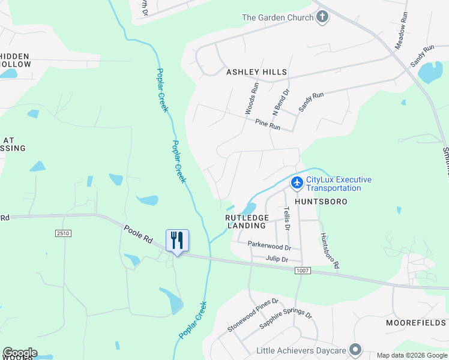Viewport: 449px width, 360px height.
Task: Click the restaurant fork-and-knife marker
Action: [177, 241]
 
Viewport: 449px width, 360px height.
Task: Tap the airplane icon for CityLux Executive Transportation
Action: [297, 182]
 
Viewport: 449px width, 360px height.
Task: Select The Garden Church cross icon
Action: [322, 17]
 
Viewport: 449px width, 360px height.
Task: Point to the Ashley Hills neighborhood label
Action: [256, 72]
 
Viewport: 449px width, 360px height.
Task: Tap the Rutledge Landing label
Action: [246, 221]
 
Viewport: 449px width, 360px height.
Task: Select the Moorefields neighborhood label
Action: [415, 323]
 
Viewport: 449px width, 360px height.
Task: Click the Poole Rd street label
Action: [139, 233]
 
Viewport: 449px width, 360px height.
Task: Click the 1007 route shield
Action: [303, 271]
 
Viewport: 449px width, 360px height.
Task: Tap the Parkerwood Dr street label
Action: [270, 246]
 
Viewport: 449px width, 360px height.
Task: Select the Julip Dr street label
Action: [277, 259]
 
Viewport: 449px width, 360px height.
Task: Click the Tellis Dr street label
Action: [286, 218]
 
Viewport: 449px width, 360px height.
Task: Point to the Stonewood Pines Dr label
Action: [253, 316]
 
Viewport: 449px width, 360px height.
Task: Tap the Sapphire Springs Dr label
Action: [286, 323]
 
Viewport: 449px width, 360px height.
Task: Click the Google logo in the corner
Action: [20, 353]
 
